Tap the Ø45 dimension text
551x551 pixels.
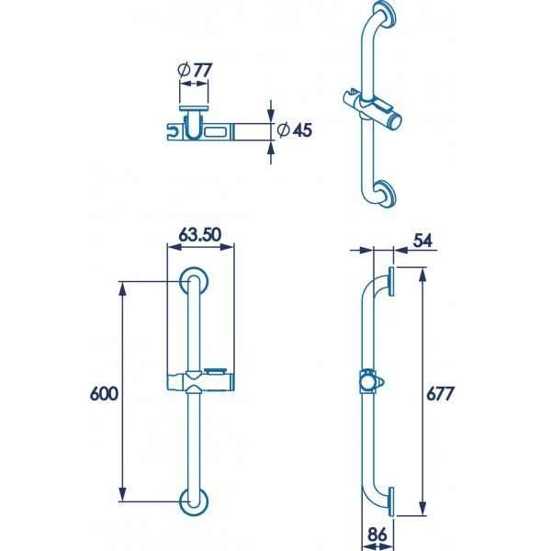[295, 130]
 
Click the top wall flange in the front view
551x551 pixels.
[193, 283]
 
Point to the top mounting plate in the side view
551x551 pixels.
[391, 282]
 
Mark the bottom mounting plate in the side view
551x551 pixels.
[391, 500]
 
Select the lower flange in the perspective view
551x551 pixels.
[386, 196]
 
